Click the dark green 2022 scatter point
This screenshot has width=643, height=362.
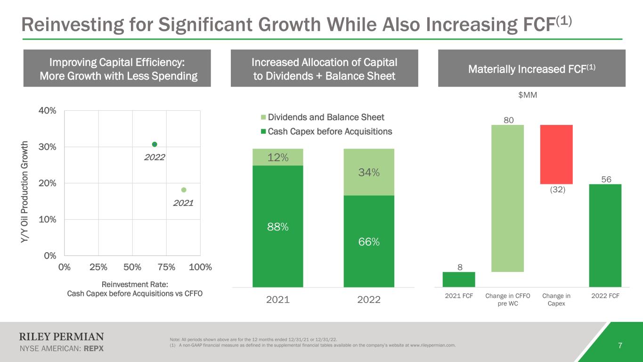coord(155,144)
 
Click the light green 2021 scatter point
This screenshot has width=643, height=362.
coord(184,190)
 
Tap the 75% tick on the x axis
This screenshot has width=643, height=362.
coord(166,267)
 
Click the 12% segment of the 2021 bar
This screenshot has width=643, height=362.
coord(278,157)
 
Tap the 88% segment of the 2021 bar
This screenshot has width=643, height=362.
coord(278,226)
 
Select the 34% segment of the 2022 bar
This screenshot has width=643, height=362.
coord(369,173)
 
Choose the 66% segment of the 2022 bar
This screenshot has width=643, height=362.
coord(369,241)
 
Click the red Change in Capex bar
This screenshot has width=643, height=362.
coord(556,155)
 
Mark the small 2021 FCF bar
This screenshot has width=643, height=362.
coord(459,280)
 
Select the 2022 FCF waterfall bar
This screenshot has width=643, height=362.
coord(605,235)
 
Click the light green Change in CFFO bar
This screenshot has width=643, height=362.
coord(508,198)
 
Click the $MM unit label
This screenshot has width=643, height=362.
coord(528,95)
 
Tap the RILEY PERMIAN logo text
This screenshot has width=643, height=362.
coord(61,337)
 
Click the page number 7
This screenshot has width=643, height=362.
coord(620,346)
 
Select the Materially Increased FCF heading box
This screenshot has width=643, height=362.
coord(532,69)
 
